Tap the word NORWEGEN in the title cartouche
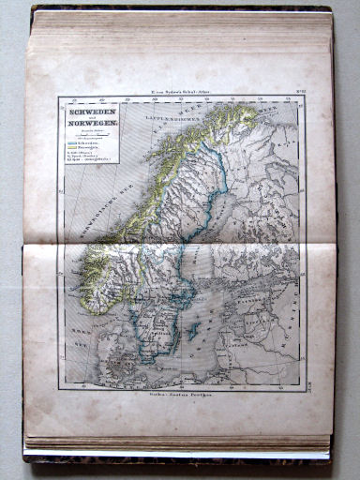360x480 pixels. [x=87, y=126]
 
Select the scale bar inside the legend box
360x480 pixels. [x=85, y=137]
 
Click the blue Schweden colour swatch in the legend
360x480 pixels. [x=70, y=147]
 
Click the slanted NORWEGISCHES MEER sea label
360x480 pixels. [x=89, y=211]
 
